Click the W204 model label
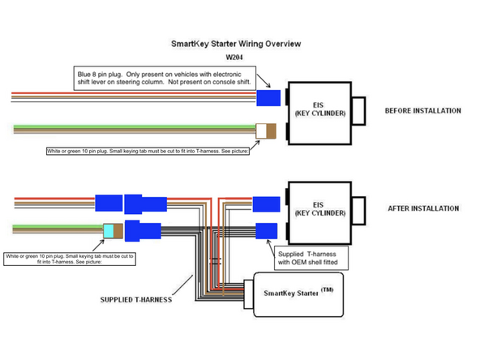(x=234, y=58)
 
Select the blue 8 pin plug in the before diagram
(x=268, y=98)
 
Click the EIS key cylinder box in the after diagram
(x=322, y=212)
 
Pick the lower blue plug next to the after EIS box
(x=265, y=231)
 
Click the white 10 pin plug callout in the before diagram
(x=148, y=151)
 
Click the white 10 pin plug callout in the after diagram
(x=70, y=259)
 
